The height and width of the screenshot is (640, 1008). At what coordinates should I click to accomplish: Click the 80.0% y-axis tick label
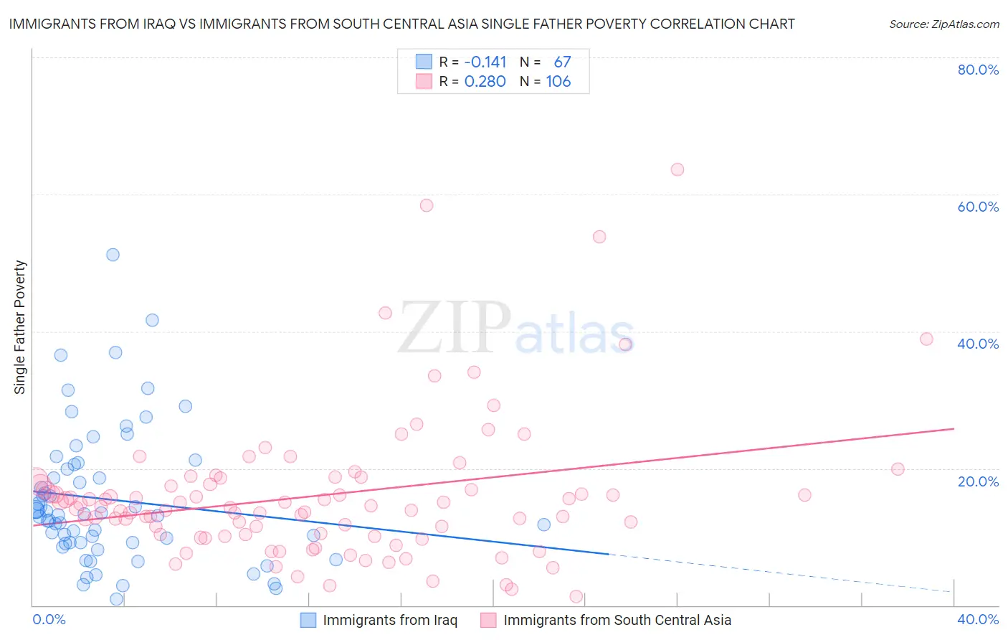pos(978,70)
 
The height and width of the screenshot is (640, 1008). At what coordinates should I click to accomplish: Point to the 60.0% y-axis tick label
pos(978,207)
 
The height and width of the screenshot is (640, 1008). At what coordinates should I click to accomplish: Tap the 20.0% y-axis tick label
pos(978,481)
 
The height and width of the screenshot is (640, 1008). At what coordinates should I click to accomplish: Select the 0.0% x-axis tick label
pos(49,619)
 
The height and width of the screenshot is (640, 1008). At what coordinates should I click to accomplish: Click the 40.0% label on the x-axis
pos(978,619)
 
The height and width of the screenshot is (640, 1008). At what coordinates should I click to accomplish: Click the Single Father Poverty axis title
pos(19,326)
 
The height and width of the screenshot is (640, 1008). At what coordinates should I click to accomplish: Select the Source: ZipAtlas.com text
pos(943,24)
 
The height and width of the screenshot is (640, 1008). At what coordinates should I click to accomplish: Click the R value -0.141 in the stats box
pos(485,62)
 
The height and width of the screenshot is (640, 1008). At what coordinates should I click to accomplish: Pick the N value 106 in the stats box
pos(558,81)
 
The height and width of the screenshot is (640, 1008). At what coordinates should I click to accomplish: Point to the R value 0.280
pos(485,81)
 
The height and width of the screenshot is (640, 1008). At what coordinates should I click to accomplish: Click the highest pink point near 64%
pos(677,169)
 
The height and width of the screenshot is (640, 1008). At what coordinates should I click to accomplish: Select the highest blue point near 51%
pos(113,255)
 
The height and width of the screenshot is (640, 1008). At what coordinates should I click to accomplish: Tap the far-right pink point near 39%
pos(926,339)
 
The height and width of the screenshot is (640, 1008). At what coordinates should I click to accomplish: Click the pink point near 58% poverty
pos(427,205)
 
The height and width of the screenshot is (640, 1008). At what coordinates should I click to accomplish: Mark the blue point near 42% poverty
pos(152,320)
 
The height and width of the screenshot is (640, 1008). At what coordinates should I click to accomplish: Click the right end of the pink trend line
pos(954,428)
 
